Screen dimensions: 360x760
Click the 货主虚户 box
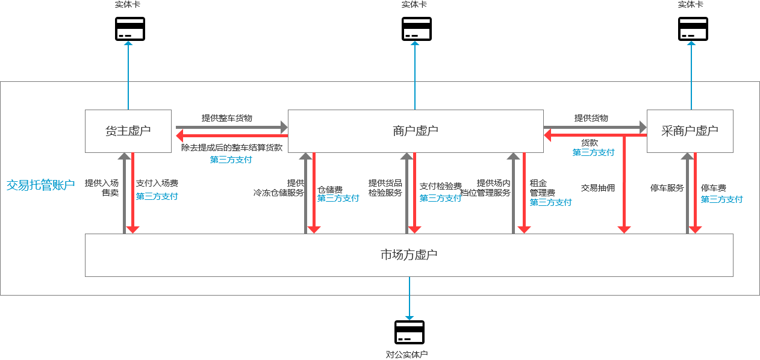tap(128, 131)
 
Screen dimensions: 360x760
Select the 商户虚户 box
tap(416, 131)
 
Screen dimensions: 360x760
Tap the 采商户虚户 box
tap(690, 131)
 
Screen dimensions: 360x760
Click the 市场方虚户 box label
tap(409, 255)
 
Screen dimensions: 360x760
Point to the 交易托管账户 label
tap(40, 185)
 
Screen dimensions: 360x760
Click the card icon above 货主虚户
tap(130, 29)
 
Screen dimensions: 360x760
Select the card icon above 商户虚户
tap(417, 29)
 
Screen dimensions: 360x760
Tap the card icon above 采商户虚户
tap(693, 29)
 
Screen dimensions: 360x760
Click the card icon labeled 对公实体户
tap(410, 332)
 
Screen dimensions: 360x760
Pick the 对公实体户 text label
tap(407, 355)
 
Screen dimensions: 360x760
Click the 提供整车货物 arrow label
tap(226, 118)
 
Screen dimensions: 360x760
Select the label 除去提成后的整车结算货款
tap(231, 147)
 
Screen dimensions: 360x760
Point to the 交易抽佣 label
tap(597, 188)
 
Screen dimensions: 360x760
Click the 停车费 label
tap(713, 188)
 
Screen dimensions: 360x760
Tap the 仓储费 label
tap(330, 189)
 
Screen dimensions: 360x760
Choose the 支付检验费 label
tap(440, 186)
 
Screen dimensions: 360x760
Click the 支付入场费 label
tap(157, 183)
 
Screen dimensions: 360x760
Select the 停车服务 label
tap(667, 188)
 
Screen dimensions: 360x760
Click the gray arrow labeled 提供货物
tap(594, 128)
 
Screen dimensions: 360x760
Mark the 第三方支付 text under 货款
tap(593, 153)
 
